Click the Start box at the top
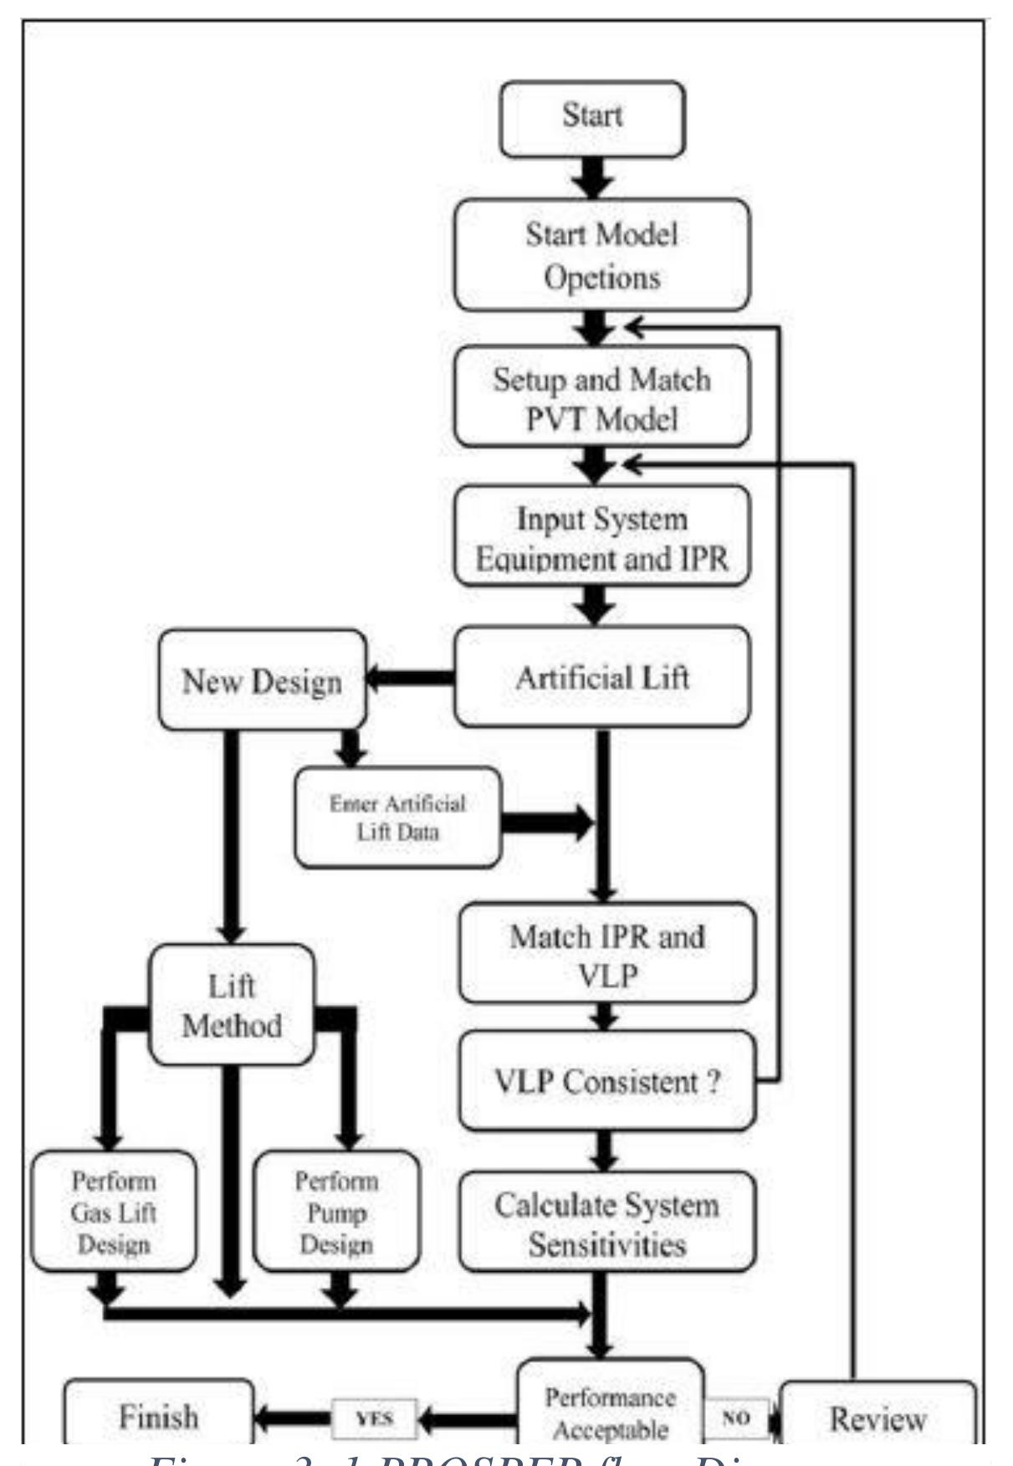pos(592,117)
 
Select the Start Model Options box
pos(601,255)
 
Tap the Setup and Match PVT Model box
pos(601,397)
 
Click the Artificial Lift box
pos(601,676)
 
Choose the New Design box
pos(262,680)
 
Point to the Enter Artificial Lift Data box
pos(397,817)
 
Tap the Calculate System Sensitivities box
pos(606,1223)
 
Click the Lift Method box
pos(232,1005)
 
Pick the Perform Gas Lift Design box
pos(114,1212)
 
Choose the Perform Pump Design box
pos(335,1212)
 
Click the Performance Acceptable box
pos(610,1412)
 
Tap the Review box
pos(877,1419)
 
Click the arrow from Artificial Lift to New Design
pos(410,680)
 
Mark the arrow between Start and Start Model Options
pos(593,177)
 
